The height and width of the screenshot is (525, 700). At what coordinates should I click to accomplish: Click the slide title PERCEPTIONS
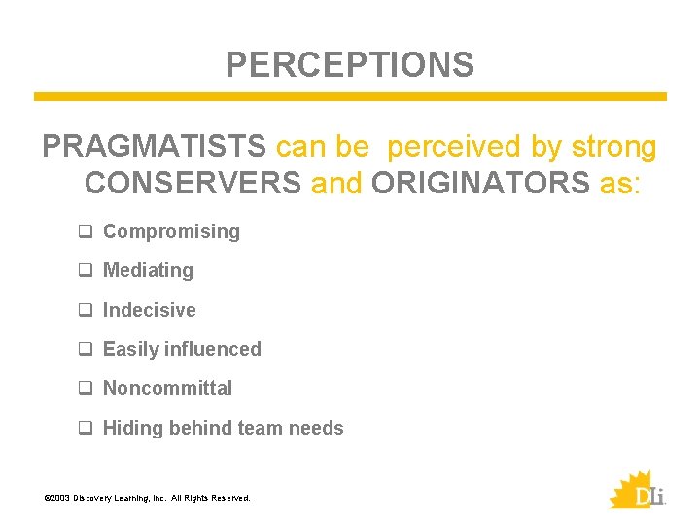(350, 65)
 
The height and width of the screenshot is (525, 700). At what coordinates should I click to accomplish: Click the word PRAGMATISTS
(154, 147)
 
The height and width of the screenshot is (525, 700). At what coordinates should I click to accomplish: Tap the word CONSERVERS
(192, 182)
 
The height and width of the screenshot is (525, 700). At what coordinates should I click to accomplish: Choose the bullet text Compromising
(171, 231)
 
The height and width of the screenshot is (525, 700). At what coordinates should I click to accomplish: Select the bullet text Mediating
(148, 270)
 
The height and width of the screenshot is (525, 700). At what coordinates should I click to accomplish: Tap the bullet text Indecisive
(149, 310)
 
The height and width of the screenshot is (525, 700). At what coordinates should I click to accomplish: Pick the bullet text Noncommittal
(167, 388)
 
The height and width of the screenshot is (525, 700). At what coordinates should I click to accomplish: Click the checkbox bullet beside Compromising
(86, 231)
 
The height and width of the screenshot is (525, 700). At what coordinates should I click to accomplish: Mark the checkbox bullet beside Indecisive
(86, 310)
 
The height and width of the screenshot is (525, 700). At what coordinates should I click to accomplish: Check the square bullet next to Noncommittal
(86, 388)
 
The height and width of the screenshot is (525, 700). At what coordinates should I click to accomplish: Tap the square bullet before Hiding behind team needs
(86, 428)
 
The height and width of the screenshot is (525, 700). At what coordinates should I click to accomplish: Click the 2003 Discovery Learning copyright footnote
(147, 498)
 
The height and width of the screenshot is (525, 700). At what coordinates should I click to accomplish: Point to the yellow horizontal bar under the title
(350, 97)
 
